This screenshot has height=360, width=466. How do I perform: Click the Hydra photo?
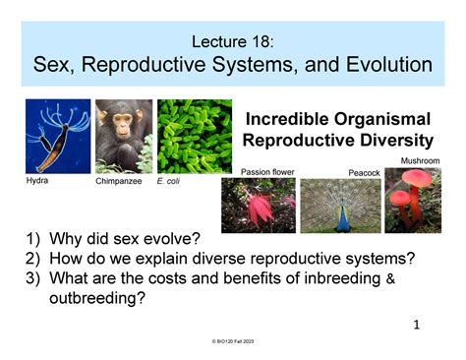(58, 136)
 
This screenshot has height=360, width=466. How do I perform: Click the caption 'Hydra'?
(36, 181)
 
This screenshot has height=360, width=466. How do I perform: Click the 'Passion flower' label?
(267, 172)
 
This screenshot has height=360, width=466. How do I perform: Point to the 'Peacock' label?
(364, 173)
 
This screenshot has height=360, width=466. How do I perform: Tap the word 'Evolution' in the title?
(379, 66)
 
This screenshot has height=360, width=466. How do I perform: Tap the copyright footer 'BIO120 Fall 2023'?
(235, 340)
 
